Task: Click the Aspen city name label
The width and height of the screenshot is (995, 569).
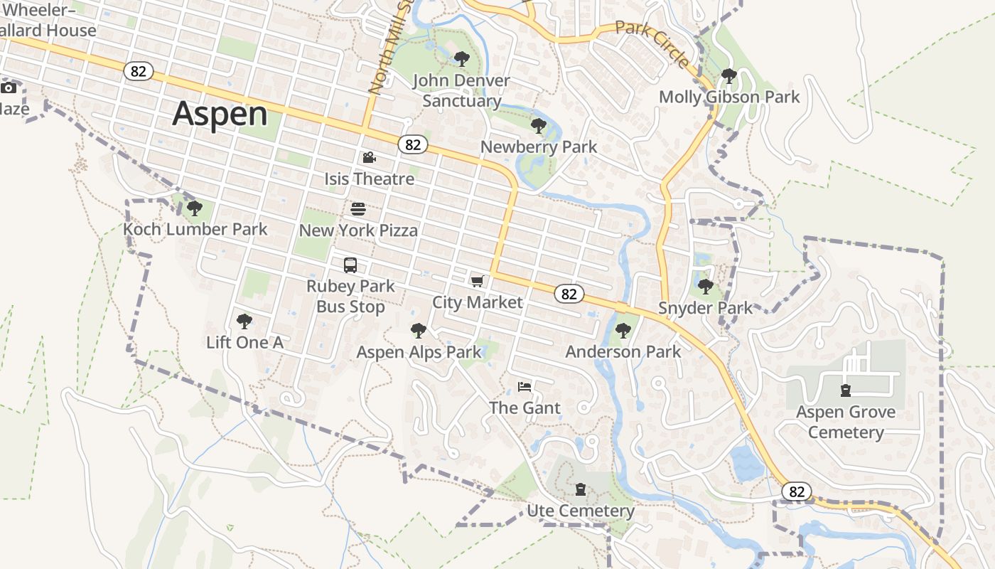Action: click(220, 114)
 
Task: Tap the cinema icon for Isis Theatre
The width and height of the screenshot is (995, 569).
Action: click(369, 158)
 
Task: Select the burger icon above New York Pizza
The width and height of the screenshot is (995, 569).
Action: click(358, 209)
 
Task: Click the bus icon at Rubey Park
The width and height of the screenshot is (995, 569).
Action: click(350, 265)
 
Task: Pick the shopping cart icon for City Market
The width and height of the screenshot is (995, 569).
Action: click(477, 282)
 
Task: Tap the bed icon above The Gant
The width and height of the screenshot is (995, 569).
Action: click(525, 387)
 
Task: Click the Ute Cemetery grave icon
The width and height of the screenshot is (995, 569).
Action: click(581, 489)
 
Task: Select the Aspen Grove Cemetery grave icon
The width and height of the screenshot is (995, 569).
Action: click(846, 390)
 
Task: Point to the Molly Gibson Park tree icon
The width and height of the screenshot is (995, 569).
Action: click(728, 75)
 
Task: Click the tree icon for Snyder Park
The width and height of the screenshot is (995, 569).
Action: click(705, 287)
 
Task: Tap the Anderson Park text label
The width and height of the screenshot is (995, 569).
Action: click(623, 351)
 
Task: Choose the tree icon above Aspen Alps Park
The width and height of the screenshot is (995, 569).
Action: click(419, 331)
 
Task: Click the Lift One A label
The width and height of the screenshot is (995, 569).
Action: click(244, 343)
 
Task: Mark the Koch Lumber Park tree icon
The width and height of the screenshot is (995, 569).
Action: click(195, 208)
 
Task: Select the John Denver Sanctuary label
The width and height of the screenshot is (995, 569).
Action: click(461, 90)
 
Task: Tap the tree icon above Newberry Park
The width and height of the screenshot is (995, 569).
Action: click(538, 127)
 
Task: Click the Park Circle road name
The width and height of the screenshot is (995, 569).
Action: click(652, 45)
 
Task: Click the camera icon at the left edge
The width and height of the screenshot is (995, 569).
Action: click(9, 88)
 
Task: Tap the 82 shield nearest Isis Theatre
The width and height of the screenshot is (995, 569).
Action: click(412, 144)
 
